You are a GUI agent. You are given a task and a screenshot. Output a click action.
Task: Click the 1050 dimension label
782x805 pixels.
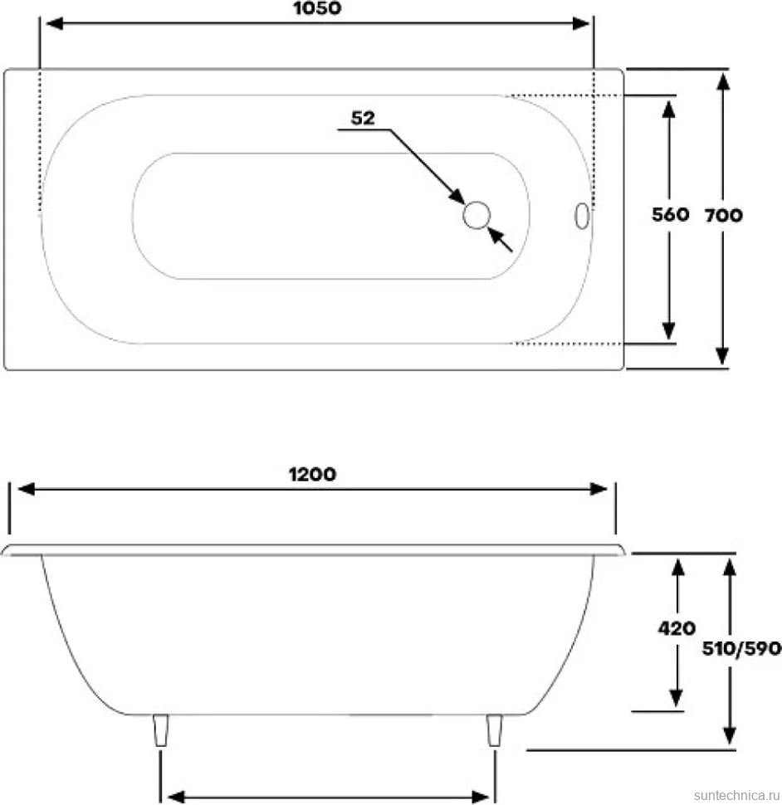click(x=317, y=8)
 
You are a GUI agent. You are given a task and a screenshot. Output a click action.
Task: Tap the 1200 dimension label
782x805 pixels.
click(x=312, y=475)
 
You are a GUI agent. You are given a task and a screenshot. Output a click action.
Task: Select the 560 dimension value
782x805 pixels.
click(x=670, y=215)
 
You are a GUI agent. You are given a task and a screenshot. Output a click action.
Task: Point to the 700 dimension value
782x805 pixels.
click(x=723, y=215)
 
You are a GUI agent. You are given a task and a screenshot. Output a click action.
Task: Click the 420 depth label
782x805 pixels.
click(x=677, y=628)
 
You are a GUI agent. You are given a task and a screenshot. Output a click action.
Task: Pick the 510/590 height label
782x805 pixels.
click(x=741, y=649)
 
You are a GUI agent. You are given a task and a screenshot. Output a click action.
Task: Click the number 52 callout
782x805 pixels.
click(x=363, y=118)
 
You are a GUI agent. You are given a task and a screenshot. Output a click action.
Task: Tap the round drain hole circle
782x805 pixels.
click(x=477, y=215)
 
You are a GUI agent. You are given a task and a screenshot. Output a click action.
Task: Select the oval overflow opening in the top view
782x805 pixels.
click(x=582, y=216)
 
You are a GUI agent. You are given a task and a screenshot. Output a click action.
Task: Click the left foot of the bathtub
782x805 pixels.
click(x=161, y=730)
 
